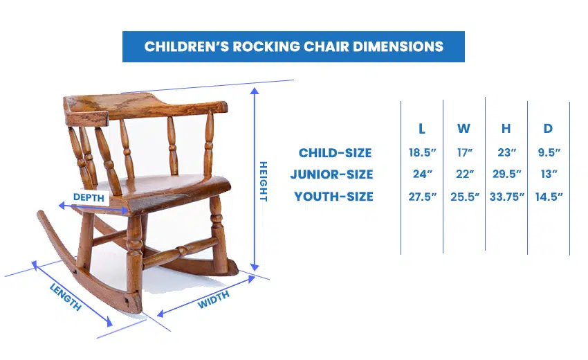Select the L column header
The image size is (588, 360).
pos(422,129)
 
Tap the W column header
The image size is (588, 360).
pos(464,129)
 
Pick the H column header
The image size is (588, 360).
pos(506,129)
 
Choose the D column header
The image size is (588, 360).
pos(549,129)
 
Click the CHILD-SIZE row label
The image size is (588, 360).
pos(336,153)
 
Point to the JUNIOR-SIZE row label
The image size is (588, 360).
pos(332,174)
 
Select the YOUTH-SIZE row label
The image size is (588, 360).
pos(333,197)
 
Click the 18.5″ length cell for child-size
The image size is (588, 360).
pos(422,153)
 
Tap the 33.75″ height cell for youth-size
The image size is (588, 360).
pos(506,197)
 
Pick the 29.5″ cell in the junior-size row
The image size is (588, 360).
pos(506,174)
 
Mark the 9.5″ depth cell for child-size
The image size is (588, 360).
pos(549,153)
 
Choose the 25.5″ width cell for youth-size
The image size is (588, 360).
pos(465,197)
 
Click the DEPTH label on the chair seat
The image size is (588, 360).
pos(89,197)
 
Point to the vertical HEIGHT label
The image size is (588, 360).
pos(264,181)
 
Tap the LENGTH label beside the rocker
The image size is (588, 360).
pos(66,297)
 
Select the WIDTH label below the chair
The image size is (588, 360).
pos(213,300)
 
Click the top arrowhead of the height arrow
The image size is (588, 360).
pos(255,91)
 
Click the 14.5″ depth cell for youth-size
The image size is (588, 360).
pos(549,197)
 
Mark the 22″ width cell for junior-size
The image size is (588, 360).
pos(465,174)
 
